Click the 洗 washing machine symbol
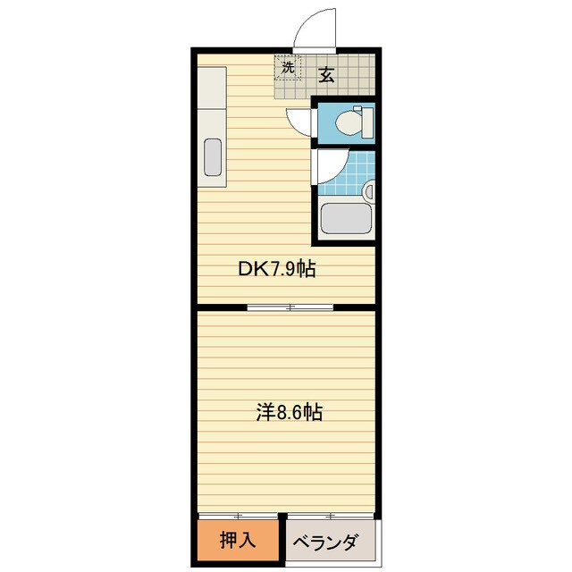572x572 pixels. (x=288, y=68)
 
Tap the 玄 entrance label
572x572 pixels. (x=326, y=75)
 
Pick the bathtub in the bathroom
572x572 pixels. (x=345, y=220)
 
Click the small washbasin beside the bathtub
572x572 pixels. (x=368, y=190)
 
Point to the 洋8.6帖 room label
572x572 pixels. (x=285, y=413)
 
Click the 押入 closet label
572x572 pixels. (x=236, y=542)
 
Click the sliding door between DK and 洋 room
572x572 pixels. (x=290, y=307)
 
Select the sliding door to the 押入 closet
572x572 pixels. (x=238, y=517)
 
